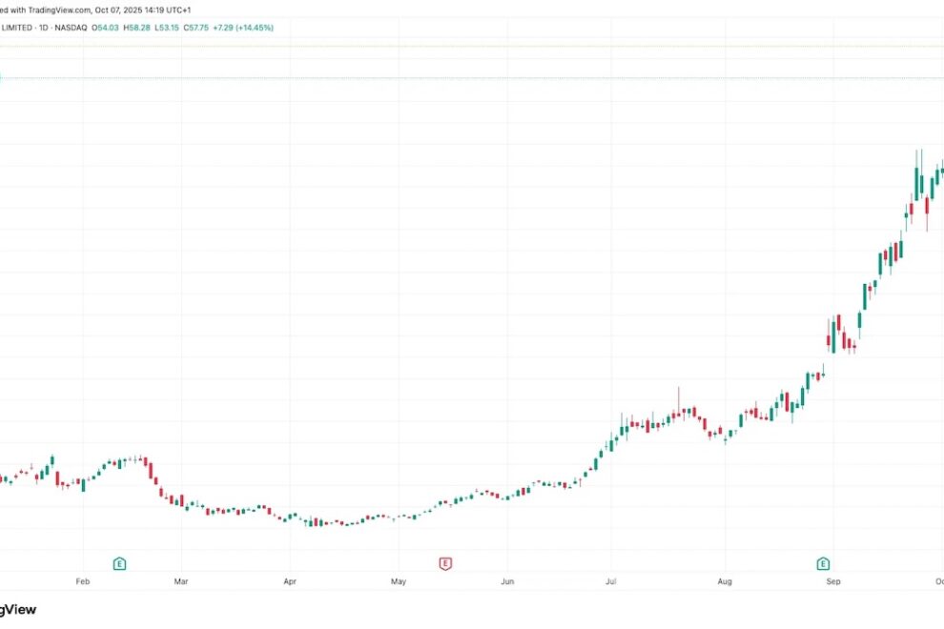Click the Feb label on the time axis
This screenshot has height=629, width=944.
point(82,579)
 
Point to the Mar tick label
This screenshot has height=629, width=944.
point(181,579)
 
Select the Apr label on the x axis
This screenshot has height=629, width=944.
point(290,579)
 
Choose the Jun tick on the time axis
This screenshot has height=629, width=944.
point(507,579)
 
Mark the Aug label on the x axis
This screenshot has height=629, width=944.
point(724,579)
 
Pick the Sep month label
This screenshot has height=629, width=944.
point(832,579)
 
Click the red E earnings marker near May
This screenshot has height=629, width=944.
point(444,564)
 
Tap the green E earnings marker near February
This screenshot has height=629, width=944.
point(119,564)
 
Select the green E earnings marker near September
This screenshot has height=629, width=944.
point(823,564)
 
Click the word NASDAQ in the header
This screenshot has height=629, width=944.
point(72,28)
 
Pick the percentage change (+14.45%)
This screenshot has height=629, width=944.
point(253,28)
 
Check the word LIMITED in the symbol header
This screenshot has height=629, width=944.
point(16,28)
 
